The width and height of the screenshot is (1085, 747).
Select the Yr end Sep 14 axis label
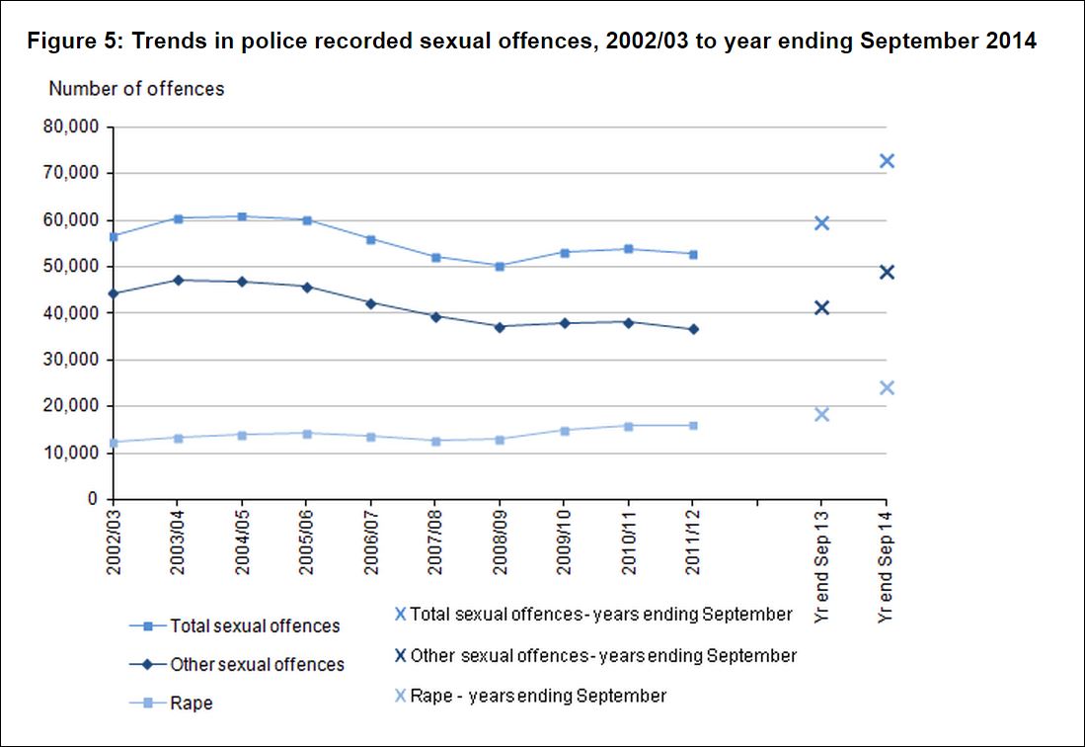tap(885, 566)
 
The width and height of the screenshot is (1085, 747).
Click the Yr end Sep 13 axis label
tap(821, 566)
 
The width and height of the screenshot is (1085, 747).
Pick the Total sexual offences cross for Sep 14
tap(886, 161)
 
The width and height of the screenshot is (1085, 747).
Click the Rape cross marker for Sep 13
tap(821, 414)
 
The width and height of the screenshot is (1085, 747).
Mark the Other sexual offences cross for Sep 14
tap(886, 272)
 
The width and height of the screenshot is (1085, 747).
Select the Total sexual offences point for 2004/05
tap(242, 216)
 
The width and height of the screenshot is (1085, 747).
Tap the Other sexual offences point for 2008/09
tap(500, 326)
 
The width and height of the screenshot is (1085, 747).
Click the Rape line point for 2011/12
tap(693, 426)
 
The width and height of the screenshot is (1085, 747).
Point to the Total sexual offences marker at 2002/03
tap(114, 237)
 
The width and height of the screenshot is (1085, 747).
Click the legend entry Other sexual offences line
tap(237, 665)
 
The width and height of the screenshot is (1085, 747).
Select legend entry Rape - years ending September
tap(530, 696)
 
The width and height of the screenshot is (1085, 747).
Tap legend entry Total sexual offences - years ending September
tap(592, 615)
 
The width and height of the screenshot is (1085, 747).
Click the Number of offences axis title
tap(136, 89)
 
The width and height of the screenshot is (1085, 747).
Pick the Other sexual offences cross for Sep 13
tap(821, 307)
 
